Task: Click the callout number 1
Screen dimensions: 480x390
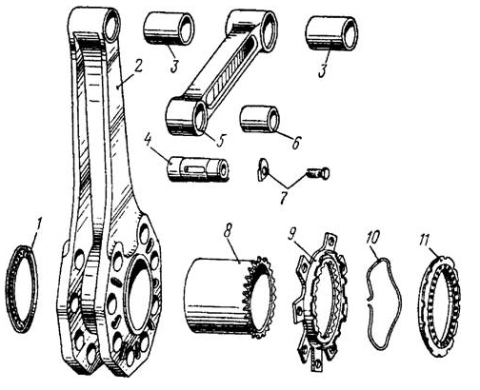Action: pos(39,226)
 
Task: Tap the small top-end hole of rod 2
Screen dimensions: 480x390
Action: pos(112,27)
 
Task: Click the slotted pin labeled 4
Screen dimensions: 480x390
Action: pos(197,169)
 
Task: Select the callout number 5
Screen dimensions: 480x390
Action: pos(220,140)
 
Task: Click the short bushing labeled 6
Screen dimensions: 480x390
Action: pos(259,119)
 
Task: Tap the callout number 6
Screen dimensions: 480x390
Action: pos(295,143)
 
